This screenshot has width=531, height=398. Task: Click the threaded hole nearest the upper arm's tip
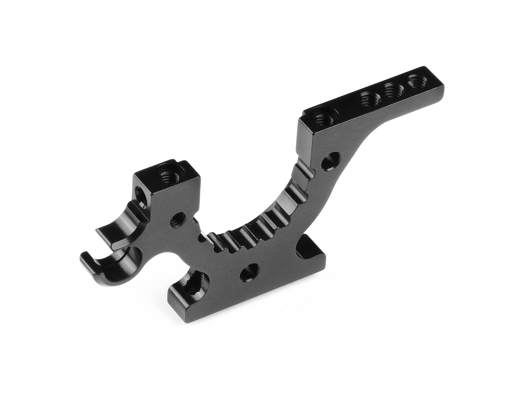point(416,81)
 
